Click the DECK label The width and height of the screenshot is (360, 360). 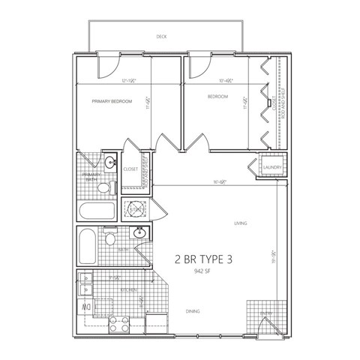pos(161,36)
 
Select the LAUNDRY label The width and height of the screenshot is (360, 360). pos(271,167)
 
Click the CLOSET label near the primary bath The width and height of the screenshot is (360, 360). pos(130,169)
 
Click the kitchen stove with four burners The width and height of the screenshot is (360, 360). pos(119,325)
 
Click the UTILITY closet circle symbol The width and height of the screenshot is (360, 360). pos(136,208)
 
